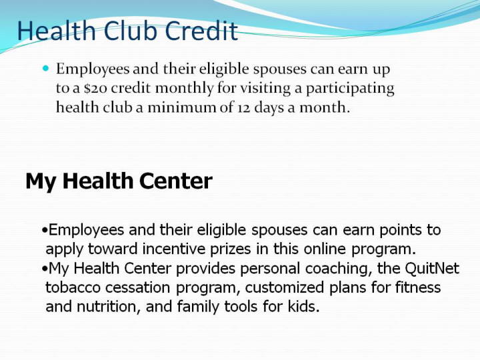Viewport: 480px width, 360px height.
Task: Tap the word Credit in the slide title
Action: (x=201, y=31)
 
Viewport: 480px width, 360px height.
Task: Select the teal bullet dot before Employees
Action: (x=46, y=68)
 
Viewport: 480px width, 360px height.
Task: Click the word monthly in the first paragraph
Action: (x=185, y=89)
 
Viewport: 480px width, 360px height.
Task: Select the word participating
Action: (x=350, y=89)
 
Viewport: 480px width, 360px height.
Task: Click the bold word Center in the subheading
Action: (x=176, y=181)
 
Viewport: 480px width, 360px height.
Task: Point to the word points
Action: (x=401, y=230)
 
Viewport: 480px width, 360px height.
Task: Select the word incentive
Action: (x=173, y=249)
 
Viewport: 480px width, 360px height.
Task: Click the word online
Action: (x=325, y=249)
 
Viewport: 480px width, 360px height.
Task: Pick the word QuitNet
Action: (x=432, y=268)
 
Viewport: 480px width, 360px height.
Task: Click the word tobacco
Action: (x=73, y=287)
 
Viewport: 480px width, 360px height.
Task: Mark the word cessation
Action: (x=138, y=287)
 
